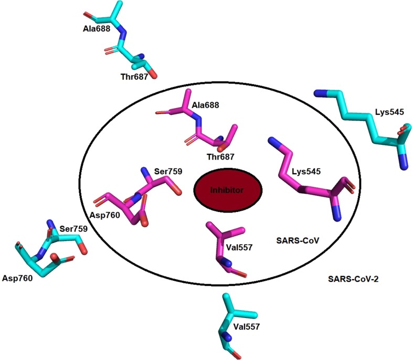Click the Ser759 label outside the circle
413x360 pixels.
click(72, 229)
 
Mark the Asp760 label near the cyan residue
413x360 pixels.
click(17, 279)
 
